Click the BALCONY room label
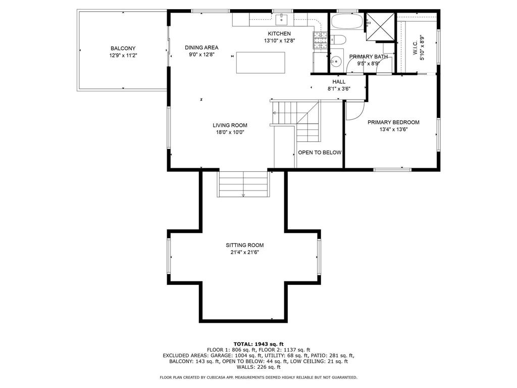pos(123,48)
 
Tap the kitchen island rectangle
pos(261,62)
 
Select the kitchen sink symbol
pos(282,20)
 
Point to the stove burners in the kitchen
pos(320,40)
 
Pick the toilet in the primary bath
pos(338,40)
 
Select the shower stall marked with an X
pos(381,26)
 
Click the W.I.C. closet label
pos(415,47)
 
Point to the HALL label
pos(339,82)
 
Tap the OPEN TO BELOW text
pos(320,153)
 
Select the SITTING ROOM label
pos(245,245)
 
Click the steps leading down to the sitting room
pos(243,184)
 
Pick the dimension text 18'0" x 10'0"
pos(230,132)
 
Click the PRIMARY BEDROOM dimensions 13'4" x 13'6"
pos(393,129)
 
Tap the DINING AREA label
pos(201,47)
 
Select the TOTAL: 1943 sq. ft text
pos(258,344)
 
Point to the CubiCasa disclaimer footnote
pos(258,377)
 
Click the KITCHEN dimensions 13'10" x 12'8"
pos(279,41)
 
